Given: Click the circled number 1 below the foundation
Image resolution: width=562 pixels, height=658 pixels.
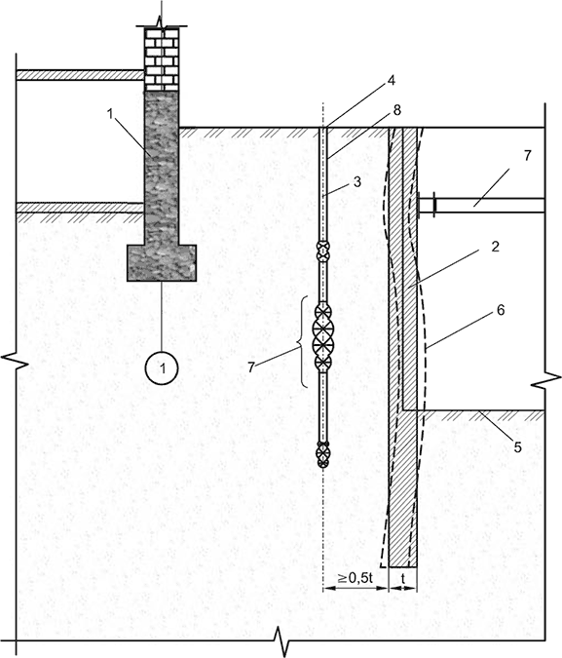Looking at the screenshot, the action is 162,368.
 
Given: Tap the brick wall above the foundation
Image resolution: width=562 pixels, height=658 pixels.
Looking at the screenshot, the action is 162,59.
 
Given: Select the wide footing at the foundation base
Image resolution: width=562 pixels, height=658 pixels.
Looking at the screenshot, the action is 162,263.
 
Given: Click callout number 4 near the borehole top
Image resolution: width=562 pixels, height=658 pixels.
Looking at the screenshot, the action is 391,80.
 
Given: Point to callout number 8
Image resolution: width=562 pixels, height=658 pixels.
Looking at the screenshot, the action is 396,110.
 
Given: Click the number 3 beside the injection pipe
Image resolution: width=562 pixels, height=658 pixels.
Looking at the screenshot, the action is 356,181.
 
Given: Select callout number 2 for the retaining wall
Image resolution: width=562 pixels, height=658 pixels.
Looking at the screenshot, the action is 495,247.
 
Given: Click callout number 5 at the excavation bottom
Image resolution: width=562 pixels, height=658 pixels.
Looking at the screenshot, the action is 517,447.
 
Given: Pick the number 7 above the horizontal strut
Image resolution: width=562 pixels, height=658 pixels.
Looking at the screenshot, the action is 527,155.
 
